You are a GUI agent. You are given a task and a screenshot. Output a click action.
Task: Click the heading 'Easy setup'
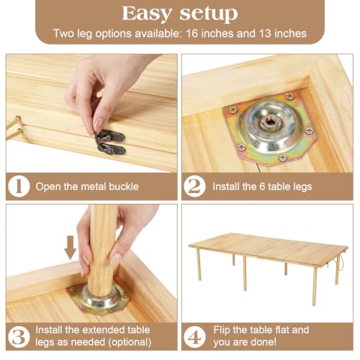point(180,14)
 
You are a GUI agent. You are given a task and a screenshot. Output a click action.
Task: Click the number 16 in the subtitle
point(192,33)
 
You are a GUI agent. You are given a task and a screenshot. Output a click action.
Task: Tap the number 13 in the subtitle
point(265,33)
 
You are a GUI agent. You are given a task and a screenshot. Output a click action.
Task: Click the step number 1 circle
point(19,186)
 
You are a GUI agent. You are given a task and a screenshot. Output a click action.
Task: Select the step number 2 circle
point(194,186)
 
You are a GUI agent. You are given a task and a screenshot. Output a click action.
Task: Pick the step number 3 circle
point(19,336)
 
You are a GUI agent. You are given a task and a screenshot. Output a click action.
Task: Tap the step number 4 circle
point(194,336)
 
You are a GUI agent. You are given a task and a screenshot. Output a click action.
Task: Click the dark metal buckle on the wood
point(110,143)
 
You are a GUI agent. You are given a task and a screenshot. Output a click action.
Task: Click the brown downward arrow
point(71,248)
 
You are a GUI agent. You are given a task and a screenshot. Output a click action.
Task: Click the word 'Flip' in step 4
point(222,330)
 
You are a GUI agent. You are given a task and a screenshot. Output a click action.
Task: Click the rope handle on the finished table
point(340,262)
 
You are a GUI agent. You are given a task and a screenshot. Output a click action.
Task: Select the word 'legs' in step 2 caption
point(304,187)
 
